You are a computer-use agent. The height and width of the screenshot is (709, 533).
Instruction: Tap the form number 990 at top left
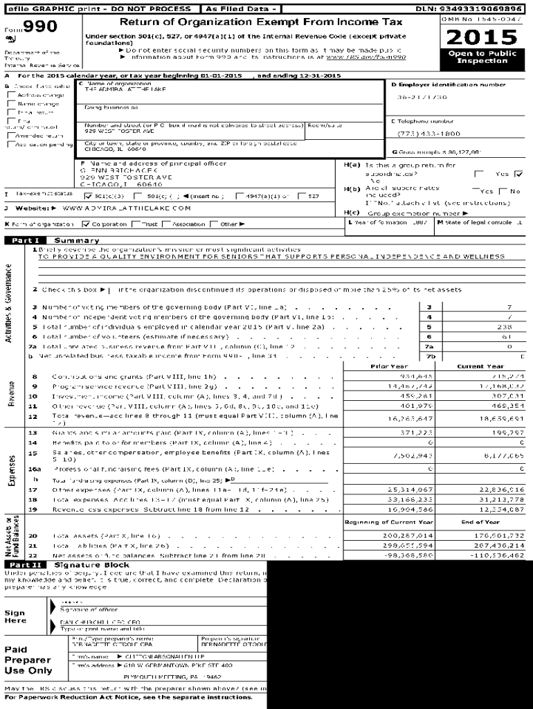pyautogui.click(x=40, y=27)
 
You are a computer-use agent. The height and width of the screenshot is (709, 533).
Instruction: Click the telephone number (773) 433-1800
pyautogui.click(x=428, y=134)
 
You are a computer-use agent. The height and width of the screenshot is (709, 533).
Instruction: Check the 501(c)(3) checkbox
pyautogui.click(x=88, y=196)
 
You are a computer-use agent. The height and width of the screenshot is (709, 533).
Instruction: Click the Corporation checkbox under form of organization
pyautogui.click(x=86, y=224)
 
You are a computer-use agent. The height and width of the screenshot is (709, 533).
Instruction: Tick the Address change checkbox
pyautogui.click(x=12, y=94)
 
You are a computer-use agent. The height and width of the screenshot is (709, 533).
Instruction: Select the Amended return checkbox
pyautogui.click(x=12, y=136)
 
